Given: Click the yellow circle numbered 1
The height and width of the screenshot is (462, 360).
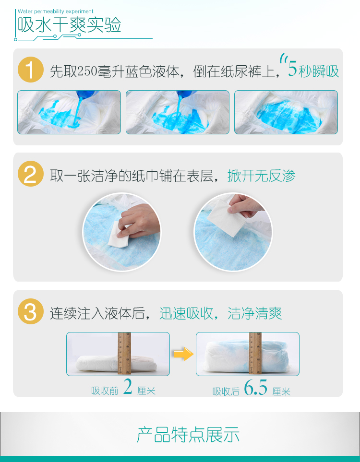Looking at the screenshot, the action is (x=31, y=70).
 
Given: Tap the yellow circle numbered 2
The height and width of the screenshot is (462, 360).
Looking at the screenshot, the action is (x=31, y=174).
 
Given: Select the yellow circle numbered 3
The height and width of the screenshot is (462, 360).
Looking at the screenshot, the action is (x=31, y=311).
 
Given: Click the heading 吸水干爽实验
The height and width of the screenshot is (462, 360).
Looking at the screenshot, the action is (x=70, y=25).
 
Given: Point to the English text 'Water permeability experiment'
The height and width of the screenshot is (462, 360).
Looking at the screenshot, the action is (x=55, y=12).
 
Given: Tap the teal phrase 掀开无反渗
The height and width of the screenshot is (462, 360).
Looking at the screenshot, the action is (x=262, y=176).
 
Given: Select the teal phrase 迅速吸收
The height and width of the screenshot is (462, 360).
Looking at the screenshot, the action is (x=187, y=313).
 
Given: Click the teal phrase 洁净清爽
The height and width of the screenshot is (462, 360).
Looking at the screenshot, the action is (x=255, y=313).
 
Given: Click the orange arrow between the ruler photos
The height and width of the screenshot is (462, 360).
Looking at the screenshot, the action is (x=183, y=354).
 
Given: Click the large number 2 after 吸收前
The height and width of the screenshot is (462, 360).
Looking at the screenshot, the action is (x=128, y=387).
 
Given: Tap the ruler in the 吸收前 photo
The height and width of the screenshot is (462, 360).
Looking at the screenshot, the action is (x=124, y=354).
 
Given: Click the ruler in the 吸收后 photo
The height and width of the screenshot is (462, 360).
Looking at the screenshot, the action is (x=255, y=354).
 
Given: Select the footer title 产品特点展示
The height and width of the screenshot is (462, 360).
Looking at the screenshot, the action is (x=188, y=434).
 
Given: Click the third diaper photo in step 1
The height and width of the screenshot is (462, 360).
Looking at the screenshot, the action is (x=286, y=112).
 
